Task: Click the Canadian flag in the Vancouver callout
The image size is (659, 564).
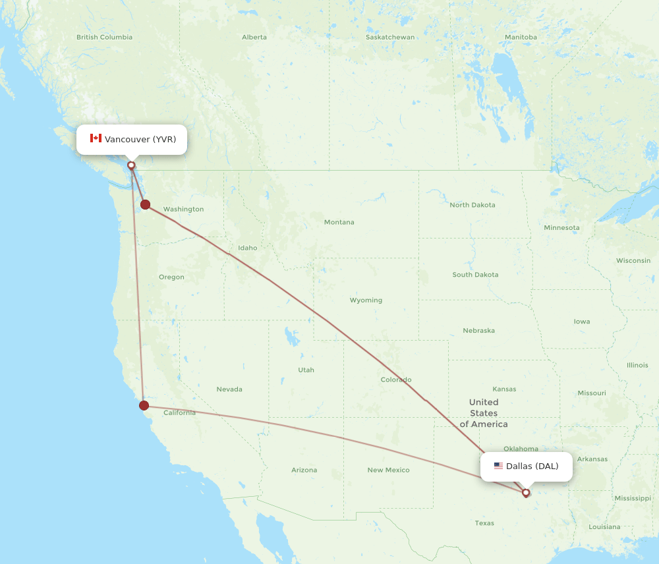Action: pos(96,138)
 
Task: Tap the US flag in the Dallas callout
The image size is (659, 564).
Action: pos(498,466)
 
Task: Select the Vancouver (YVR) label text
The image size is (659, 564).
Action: pos(140,139)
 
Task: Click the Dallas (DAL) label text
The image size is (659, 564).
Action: pos(532,466)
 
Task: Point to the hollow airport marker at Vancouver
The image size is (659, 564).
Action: pos(131,165)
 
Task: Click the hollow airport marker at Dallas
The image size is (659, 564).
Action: pos(526,492)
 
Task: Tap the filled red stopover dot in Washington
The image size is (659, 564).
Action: pos(145,205)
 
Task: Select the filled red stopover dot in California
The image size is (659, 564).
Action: pos(144,405)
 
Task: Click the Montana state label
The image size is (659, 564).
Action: pos(339,223)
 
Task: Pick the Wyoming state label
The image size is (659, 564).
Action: pos(366,300)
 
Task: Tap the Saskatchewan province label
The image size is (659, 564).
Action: pos(390,38)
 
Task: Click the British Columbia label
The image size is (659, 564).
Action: pos(104,38)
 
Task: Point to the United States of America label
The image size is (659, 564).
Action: pos(484,413)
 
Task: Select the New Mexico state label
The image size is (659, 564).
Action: pos(388,470)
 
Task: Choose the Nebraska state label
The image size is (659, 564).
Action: pos(478,331)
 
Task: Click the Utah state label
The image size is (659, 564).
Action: pos(306,370)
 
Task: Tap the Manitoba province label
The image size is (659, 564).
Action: pos(520,38)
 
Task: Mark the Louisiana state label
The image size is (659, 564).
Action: pos(604,527)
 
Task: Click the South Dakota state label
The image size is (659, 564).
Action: pos(475,275)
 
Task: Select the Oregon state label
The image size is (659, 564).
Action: pos(171,277)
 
